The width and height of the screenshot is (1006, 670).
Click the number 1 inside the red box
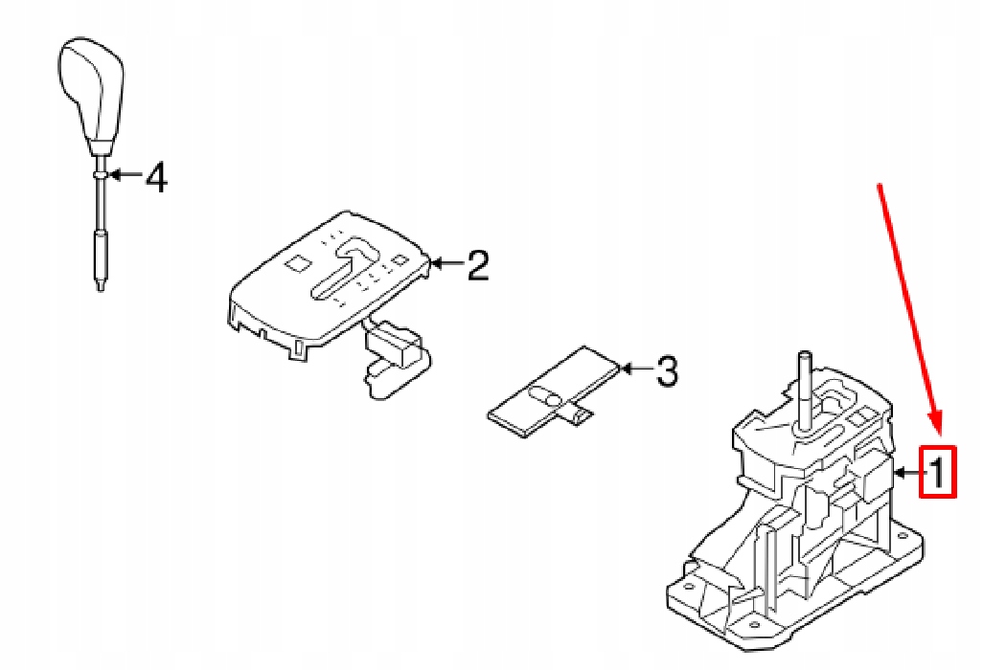(939, 471)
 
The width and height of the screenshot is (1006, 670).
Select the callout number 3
(665, 369)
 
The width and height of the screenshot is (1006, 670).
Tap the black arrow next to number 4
(123, 176)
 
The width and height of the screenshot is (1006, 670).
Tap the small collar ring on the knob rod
(99, 175)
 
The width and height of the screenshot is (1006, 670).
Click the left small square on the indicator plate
(296, 260)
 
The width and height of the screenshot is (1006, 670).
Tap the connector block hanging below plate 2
(393, 346)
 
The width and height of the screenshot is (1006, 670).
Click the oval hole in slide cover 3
(543, 394)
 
